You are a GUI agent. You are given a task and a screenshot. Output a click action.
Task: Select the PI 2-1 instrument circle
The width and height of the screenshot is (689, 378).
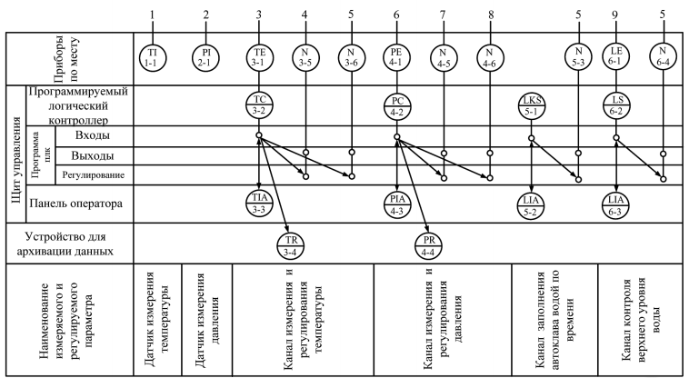click(x=206, y=57)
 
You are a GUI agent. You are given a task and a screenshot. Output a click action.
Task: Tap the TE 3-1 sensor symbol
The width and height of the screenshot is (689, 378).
click(x=259, y=57)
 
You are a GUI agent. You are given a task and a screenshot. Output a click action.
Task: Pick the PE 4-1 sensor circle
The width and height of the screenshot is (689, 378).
click(x=396, y=57)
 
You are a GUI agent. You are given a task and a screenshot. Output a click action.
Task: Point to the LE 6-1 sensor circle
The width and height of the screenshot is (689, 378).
click(x=617, y=57)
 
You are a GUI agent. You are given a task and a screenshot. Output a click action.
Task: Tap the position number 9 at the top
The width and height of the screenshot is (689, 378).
click(x=617, y=15)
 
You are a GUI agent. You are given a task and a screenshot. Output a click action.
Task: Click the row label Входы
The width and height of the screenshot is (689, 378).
click(x=91, y=135)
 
